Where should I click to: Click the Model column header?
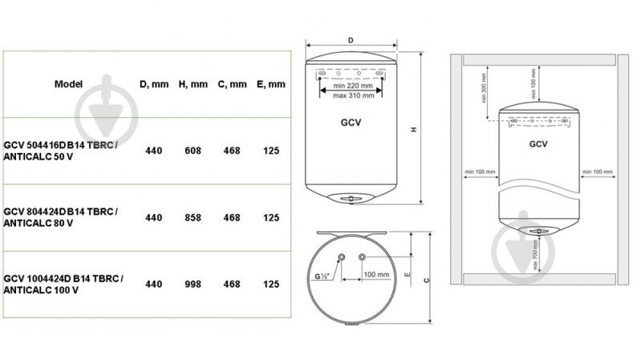tap(68, 84)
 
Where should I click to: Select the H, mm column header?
tap(193, 84)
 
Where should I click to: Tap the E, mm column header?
tap(271, 84)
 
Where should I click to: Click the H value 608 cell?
tap(193, 151)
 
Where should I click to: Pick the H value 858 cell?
tap(193, 218)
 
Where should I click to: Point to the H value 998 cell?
tap(193, 285)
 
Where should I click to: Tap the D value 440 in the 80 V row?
tap(154, 218)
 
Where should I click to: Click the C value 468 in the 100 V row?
tap(232, 285)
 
